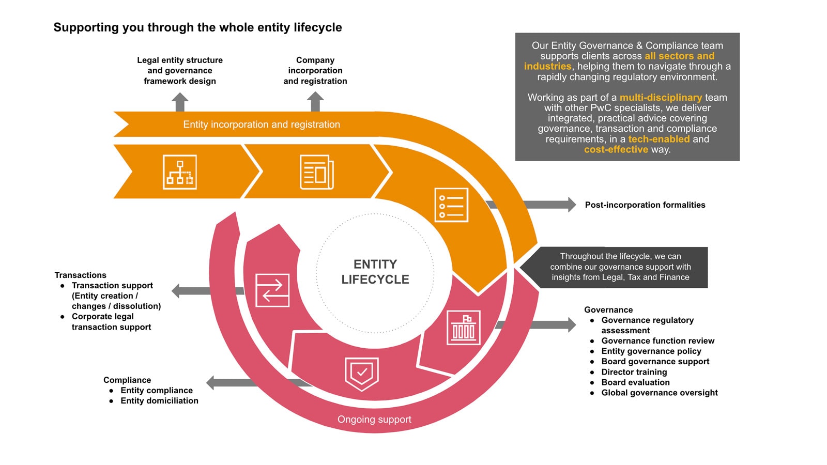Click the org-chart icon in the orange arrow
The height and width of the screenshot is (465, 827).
179,172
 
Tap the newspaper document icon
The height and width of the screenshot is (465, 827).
316,172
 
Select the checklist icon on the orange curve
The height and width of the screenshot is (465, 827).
451,205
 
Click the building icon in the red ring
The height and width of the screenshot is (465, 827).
463,328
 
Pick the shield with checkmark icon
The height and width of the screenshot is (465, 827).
362,373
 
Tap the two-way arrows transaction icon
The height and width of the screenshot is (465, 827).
272,290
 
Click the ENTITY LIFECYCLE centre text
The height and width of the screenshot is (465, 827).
375,272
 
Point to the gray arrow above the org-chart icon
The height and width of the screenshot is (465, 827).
180,102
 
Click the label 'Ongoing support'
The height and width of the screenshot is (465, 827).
374,420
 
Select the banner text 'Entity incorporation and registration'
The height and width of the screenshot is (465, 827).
262,125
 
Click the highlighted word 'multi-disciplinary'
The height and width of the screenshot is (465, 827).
661,98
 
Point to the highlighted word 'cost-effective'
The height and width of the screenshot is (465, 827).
616,149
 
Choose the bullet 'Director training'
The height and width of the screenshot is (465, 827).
634,372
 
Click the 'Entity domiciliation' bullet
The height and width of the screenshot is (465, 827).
159,400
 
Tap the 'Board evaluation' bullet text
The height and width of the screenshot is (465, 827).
635,382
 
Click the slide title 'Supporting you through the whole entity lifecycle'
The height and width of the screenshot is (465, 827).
197,27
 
